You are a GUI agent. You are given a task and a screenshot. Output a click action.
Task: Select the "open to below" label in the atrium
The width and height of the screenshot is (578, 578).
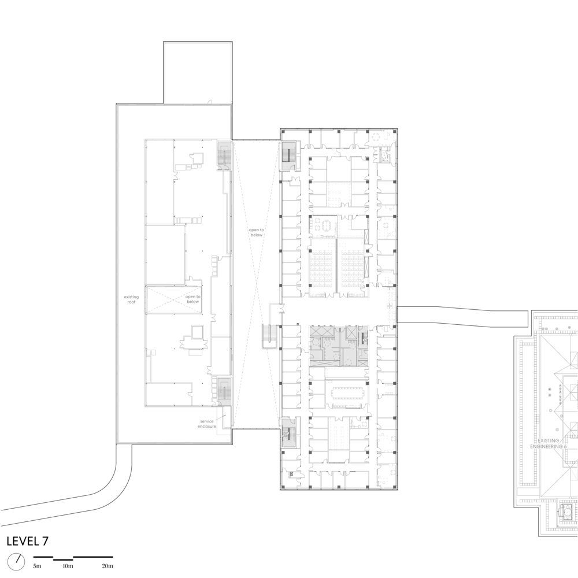coord(256,232)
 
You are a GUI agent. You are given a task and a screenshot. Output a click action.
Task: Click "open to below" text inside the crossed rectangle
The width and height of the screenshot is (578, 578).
coord(192,299)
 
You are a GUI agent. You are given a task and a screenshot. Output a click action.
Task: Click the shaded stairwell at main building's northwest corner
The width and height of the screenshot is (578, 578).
coord(288,155)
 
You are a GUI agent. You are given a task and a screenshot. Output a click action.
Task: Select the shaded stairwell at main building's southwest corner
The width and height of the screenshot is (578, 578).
coord(288,431)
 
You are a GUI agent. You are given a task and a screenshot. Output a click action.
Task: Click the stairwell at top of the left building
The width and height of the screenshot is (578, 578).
coord(224,154)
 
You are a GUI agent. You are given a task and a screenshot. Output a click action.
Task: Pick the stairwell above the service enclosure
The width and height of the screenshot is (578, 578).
coord(224,391)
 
